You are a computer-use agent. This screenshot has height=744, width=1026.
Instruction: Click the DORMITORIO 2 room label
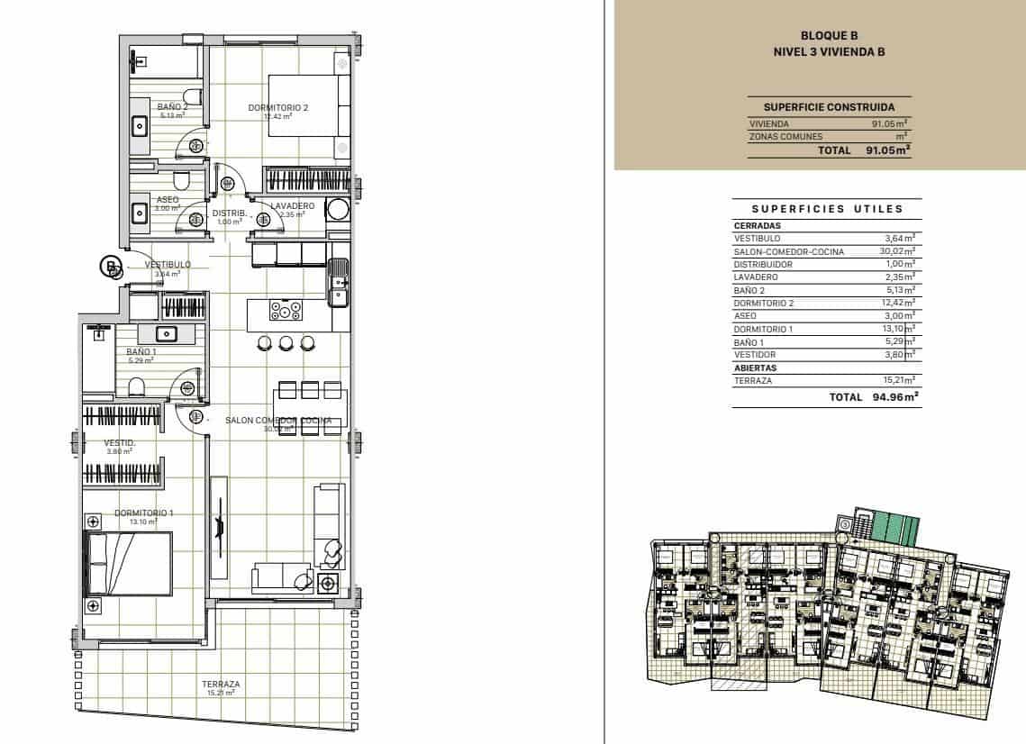pos(278,108)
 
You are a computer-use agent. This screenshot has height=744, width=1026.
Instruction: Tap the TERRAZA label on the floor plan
pos(221,685)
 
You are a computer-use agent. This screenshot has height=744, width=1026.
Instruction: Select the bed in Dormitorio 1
pos(128,563)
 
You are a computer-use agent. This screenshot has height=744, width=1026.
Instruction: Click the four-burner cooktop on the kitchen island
pos(286,312)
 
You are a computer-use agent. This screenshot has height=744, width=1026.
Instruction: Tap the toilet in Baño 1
pos(137,387)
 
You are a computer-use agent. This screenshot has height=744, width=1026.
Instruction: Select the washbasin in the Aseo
pos(141,213)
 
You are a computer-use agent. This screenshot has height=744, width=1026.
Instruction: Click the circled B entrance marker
pos(110,266)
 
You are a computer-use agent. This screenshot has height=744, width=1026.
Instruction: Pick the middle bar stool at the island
pos(286,342)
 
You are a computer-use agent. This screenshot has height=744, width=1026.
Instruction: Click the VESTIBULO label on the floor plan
pos(168,264)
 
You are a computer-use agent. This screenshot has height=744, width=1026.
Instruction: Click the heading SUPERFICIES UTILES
pos(827,209)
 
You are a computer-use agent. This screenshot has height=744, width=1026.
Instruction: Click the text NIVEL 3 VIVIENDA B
pos(829,52)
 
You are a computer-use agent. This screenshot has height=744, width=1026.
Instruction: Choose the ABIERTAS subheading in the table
pos(755,367)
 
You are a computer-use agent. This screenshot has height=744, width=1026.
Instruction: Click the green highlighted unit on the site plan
pos(895,527)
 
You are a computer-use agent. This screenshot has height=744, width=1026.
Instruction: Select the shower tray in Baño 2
pos(164,61)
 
